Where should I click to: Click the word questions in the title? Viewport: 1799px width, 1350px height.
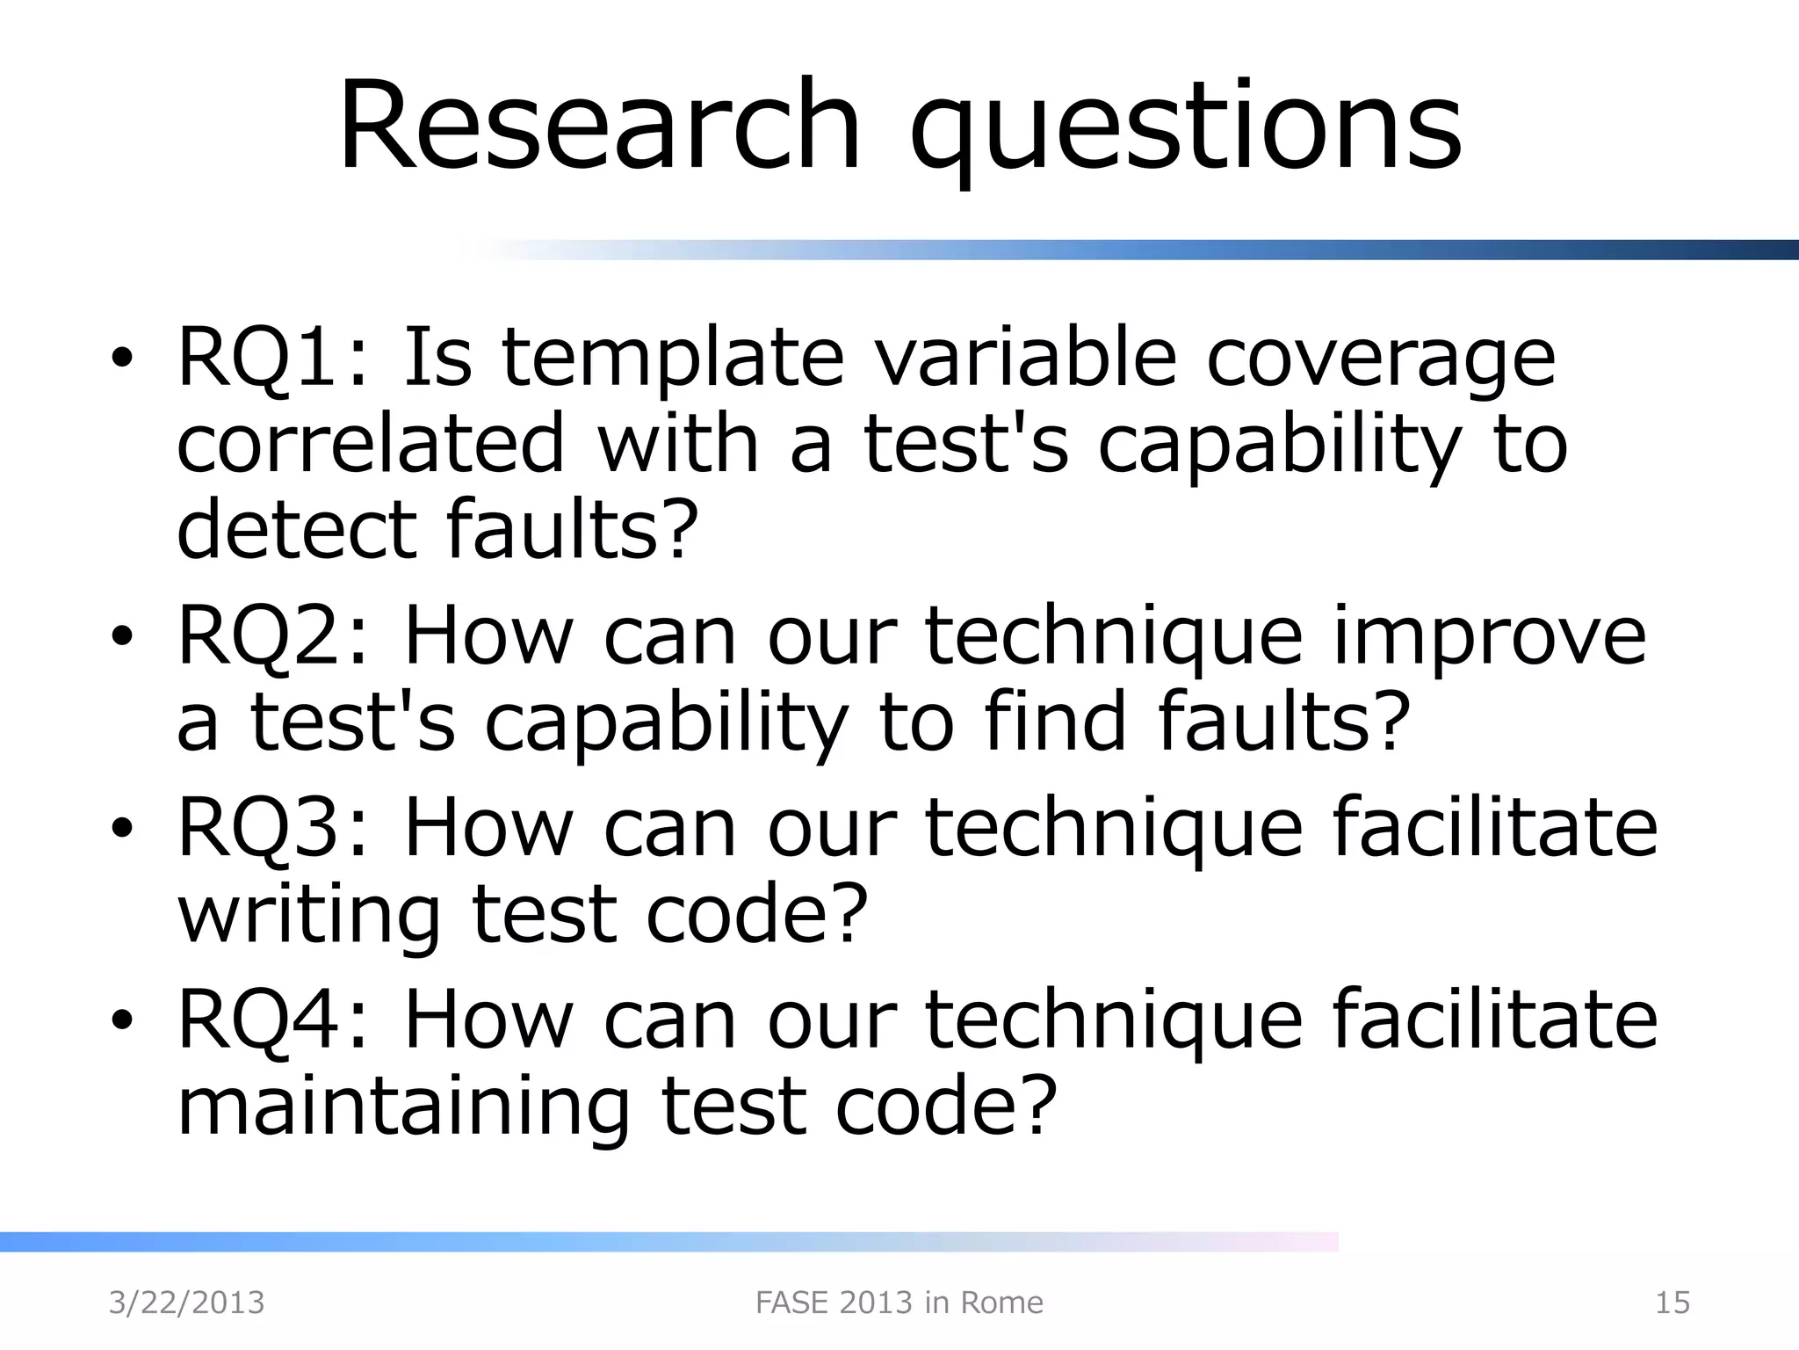click(x=1185, y=132)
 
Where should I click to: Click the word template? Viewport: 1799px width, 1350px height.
click(x=672, y=360)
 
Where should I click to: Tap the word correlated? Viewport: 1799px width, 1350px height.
click(x=370, y=444)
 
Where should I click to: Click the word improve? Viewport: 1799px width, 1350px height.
click(x=1489, y=638)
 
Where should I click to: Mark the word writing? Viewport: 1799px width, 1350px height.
click(x=308, y=916)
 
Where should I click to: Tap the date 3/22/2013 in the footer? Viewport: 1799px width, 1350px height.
click(x=186, y=1303)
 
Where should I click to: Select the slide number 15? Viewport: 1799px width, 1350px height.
click(x=1672, y=1303)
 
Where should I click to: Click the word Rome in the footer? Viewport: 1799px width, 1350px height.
click(x=1001, y=1303)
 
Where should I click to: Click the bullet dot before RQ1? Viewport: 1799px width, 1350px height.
click(x=122, y=360)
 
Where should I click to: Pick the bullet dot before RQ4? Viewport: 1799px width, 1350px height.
click(x=122, y=1021)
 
